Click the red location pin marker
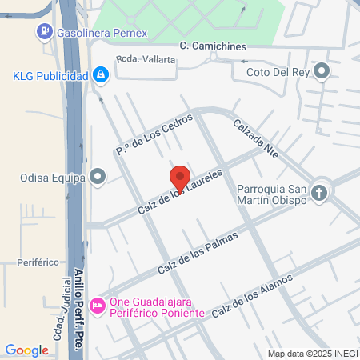coord(179,179)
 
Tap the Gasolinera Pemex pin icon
coord(43,33)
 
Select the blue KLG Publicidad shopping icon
coord(100,75)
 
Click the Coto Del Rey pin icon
coord(322,72)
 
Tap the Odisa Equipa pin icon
coord(98,175)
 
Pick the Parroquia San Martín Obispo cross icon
coord(319,192)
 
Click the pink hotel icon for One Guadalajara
coord(98,306)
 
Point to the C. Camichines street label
coord(213,46)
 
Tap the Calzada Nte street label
coord(255,139)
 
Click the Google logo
coord(26,350)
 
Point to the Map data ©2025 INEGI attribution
coord(311,354)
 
